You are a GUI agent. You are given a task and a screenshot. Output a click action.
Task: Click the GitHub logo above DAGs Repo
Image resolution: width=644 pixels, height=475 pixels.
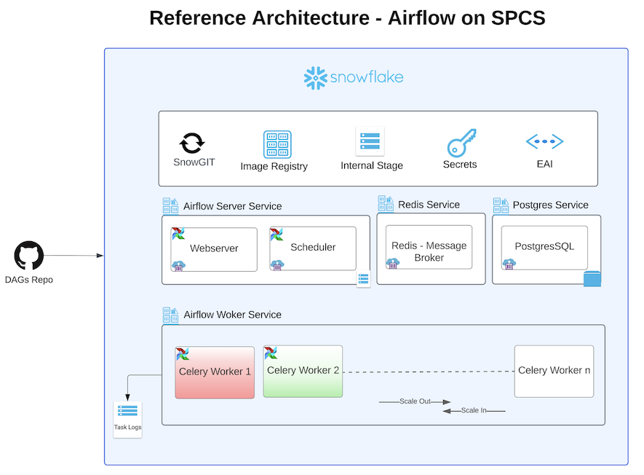pyautogui.click(x=29, y=256)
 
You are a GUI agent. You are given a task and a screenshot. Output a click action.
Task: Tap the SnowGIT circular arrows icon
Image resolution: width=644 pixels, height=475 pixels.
pyautogui.click(x=193, y=142)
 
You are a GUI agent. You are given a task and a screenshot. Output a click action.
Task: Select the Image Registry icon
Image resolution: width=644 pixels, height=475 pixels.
pyautogui.click(x=277, y=144)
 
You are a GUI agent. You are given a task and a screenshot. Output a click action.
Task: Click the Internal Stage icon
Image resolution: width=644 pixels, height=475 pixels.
pyautogui.click(x=370, y=141)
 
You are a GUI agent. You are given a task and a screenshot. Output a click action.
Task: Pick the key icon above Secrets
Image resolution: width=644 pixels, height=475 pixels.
pyautogui.click(x=461, y=142)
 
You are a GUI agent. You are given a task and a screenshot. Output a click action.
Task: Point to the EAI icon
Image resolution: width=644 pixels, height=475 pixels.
pyautogui.click(x=544, y=141)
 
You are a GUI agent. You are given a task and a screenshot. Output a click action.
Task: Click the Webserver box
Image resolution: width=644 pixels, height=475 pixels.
pyautogui.click(x=214, y=249)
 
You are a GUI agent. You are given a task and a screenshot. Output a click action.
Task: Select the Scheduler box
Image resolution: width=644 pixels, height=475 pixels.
pyautogui.click(x=313, y=248)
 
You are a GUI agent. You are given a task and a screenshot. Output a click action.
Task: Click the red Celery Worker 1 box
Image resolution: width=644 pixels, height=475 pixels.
pyautogui.click(x=215, y=372)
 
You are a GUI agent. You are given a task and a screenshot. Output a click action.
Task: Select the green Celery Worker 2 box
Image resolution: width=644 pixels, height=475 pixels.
pyautogui.click(x=303, y=371)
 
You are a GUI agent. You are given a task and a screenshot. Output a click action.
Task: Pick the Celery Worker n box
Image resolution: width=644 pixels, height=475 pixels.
pyautogui.click(x=554, y=371)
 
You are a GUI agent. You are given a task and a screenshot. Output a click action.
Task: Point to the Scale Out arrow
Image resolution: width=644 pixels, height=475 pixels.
pyautogui.click(x=415, y=401)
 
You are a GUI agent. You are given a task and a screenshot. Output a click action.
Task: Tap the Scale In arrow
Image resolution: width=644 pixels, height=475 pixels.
pyautogui.click(x=473, y=411)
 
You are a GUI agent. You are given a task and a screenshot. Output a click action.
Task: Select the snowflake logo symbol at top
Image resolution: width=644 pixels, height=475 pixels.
pyautogui.click(x=314, y=78)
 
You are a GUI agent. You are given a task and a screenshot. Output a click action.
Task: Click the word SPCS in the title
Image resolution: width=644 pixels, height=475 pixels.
pyautogui.click(x=517, y=17)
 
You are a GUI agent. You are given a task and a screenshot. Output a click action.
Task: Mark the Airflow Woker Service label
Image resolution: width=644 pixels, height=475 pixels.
pyautogui.click(x=232, y=315)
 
